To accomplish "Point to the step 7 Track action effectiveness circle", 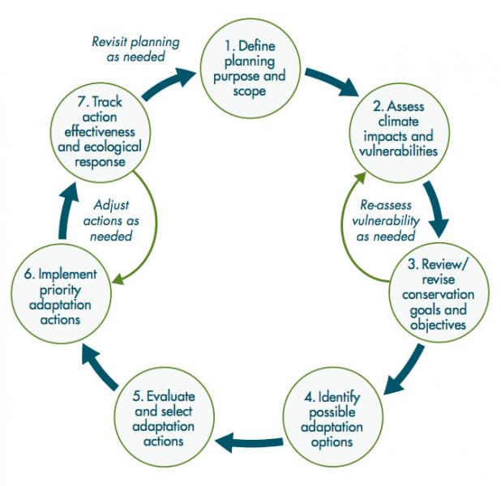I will coord(96,131).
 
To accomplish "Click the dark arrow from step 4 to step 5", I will coord(251,442).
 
